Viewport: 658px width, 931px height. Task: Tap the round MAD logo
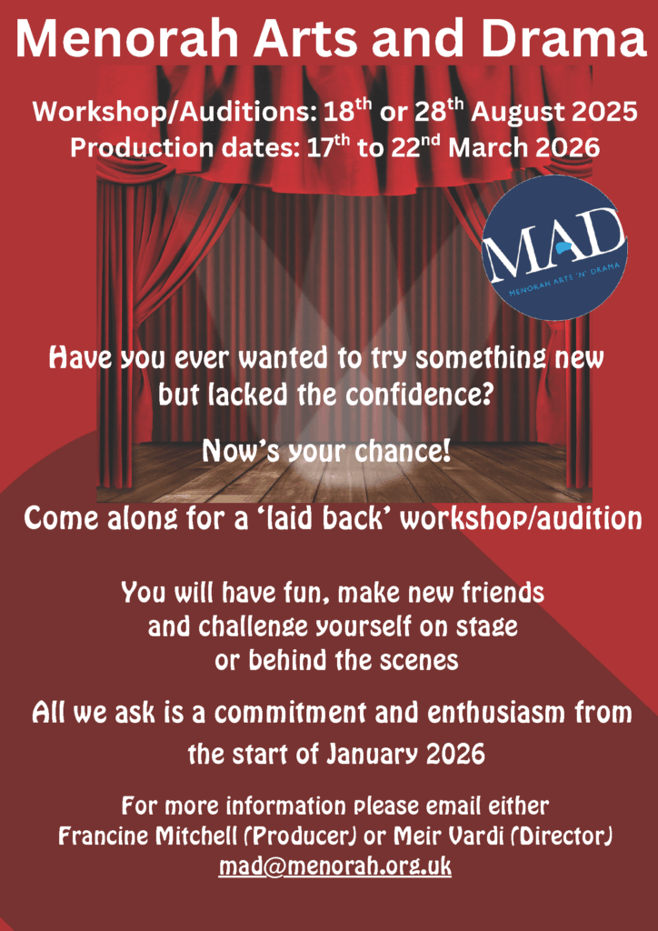(x=554, y=247)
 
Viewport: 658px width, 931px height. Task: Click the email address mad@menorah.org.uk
(x=335, y=867)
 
